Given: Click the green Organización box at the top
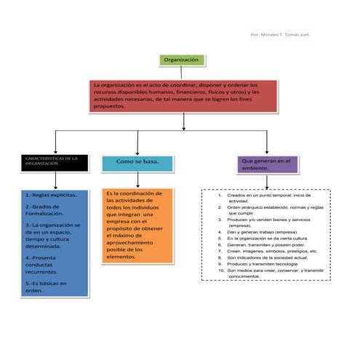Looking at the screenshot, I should point(183,60).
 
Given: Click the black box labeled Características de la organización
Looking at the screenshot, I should point(52,162).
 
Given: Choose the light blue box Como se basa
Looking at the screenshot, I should point(137,161).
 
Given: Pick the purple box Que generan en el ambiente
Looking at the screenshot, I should point(267,164).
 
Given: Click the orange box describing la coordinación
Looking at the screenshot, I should point(137,225).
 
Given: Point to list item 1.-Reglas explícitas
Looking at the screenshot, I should point(49,195).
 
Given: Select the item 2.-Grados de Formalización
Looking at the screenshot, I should point(47,210).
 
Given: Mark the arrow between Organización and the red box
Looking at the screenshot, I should point(183,73).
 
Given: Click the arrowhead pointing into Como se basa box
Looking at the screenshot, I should point(137,151).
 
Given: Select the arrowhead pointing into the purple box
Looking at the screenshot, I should point(267,151).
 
